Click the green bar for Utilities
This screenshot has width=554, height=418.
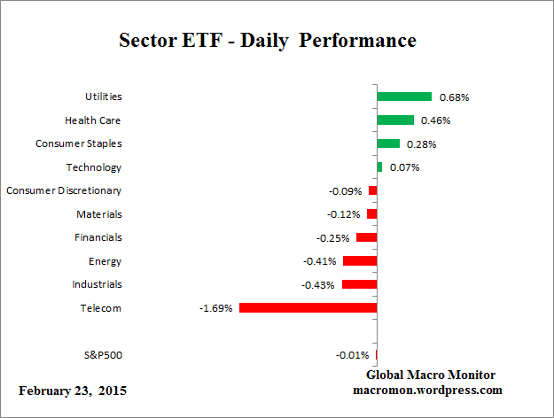click(x=404, y=97)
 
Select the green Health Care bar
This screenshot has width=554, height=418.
click(x=395, y=120)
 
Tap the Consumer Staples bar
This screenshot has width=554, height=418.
click(x=388, y=143)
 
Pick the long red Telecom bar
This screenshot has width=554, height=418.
click(x=308, y=308)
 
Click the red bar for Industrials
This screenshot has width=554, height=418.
click(x=360, y=284)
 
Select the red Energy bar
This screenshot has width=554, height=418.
click(x=360, y=261)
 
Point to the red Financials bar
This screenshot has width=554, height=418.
click(x=367, y=237)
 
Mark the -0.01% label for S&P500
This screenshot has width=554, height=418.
click(x=353, y=355)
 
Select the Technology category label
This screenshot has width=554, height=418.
click(x=94, y=167)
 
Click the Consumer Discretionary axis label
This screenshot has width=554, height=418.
click(x=64, y=190)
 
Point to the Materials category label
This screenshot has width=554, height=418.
click(x=99, y=214)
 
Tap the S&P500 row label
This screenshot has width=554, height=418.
click(x=102, y=355)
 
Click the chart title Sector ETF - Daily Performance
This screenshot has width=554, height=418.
click(x=267, y=41)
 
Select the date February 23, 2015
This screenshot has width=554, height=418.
click(x=73, y=391)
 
